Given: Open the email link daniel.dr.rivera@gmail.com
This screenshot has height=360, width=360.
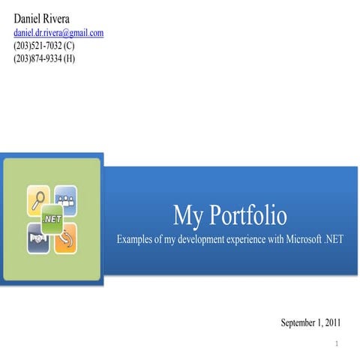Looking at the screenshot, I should tap(58, 32).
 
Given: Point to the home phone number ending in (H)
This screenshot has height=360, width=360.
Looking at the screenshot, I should tap(45, 58).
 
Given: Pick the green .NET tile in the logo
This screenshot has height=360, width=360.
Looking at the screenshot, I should tap(52, 218).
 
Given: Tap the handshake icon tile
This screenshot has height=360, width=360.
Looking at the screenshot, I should tap(37, 236).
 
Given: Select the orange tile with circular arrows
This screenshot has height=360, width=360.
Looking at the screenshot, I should tap(66, 236).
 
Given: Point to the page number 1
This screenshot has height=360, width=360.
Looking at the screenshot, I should tap(338, 344).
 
